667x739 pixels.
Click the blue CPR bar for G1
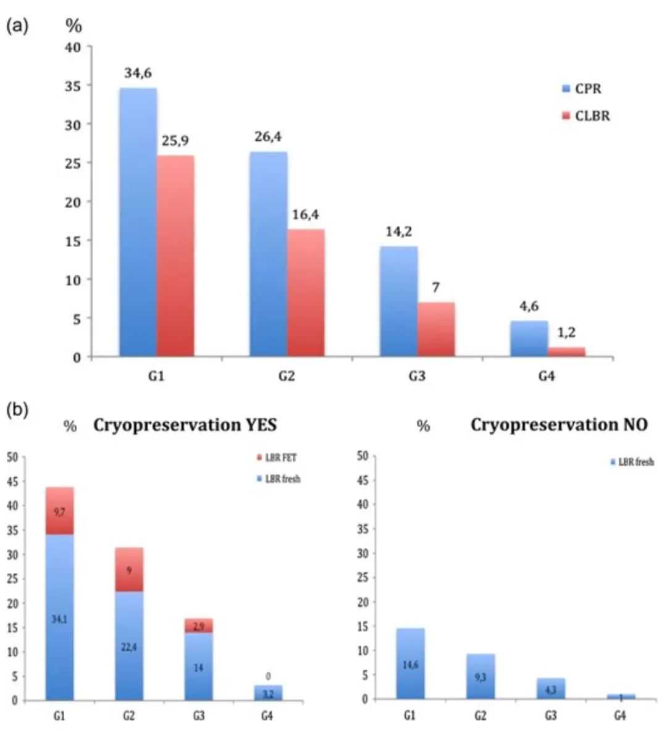(x=138, y=222)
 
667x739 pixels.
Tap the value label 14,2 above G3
(x=398, y=232)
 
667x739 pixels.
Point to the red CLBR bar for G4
(x=566, y=352)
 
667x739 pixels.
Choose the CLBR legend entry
(x=586, y=116)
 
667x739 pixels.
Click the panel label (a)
(x=17, y=28)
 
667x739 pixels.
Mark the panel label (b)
(x=17, y=411)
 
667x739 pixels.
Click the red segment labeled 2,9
(x=199, y=626)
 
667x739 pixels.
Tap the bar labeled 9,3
(x=480, y=677)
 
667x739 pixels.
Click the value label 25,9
(x=175, y=141)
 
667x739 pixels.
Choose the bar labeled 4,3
(x=550, y=689)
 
